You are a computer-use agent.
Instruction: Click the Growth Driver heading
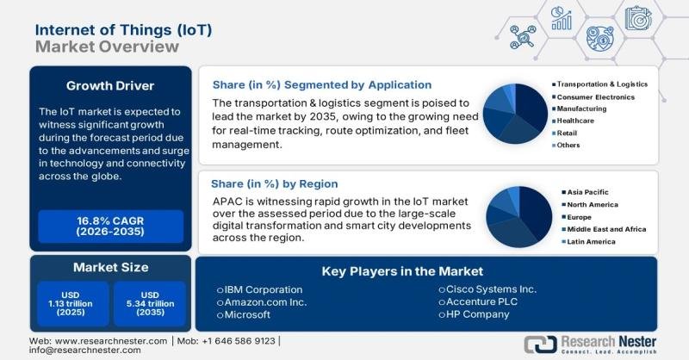coord(110,85)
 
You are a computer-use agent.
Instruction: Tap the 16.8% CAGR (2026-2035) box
coord(110,227)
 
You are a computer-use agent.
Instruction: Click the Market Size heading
coord(110,267)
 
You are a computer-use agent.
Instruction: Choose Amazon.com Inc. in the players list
coord(264,302)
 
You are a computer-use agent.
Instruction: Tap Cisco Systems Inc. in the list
coord(487,289)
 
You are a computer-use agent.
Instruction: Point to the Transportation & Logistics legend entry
coord(601,84)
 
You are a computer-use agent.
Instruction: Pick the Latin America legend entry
coord(591,242)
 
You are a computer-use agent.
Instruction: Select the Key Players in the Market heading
coord(402,270)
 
